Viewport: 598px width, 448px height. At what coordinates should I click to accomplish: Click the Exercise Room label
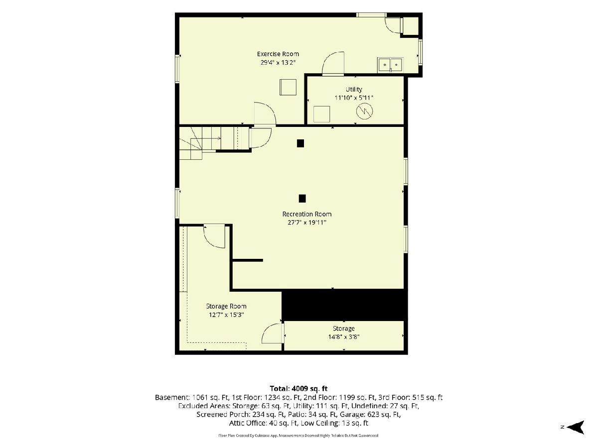(278, 54)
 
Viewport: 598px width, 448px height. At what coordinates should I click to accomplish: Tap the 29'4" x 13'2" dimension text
(278, 63)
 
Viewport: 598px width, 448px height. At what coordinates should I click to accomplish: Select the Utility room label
(354, 89)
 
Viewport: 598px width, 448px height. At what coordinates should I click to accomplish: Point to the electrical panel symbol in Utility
(364, 111)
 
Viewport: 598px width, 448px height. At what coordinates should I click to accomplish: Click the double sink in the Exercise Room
(390, 65)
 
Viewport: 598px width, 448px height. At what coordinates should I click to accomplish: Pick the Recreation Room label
(307, 214)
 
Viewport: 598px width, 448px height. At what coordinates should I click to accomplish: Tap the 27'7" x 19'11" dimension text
(307, 223)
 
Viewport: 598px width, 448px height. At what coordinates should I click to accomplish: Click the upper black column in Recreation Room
(300, 143)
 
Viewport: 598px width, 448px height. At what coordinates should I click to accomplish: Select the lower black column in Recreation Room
(302, 199)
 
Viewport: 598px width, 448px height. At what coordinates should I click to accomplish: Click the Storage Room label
(226, 306)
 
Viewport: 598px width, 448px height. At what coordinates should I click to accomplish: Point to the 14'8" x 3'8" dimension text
(343, 337)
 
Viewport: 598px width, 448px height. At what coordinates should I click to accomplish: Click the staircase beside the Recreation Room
(214, 142)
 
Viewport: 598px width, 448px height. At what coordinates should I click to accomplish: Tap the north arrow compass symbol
(575, 427)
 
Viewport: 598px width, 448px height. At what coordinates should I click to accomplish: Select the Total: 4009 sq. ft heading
(299, 388)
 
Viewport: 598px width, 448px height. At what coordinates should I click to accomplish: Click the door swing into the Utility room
(333, 63)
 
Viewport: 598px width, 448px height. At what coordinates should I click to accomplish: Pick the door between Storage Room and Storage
(273, 334)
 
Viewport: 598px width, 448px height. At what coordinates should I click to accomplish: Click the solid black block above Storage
(344, 305)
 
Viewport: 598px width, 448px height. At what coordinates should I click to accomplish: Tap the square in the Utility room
(321, 114)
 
